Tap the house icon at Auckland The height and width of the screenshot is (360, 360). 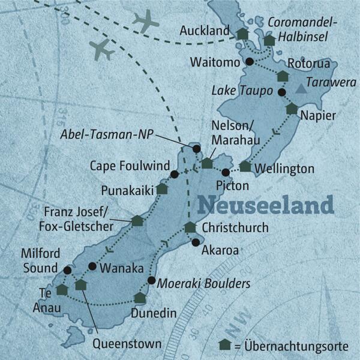pyautogui.click(x=242, y=34)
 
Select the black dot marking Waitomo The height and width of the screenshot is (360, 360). pyautogui.click(x=250, y=61)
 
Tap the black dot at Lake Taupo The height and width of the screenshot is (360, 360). pyautogui.click(x=281, y=92)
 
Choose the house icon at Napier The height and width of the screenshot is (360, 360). pyautogui.click(x=292, y=109)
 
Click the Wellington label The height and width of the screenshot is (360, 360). pyautogui.click(x=284, y=168)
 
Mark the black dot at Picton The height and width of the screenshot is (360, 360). pyautogui.click(x=225, y=173)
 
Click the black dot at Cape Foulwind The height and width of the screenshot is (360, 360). pyautogui.click(x=174, y=175)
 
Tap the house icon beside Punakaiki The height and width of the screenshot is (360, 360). pyautogui.click(x=161, y=188)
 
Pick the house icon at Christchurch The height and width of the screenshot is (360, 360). pyautogui.click(x=190, y=227)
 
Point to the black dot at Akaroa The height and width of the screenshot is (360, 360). pyautogui.click(x=195, y=242)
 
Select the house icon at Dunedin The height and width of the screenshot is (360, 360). pyautogui.click(x=140, y=297)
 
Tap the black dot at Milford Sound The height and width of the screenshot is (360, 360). pyautogui.click(x=67, y=270)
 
